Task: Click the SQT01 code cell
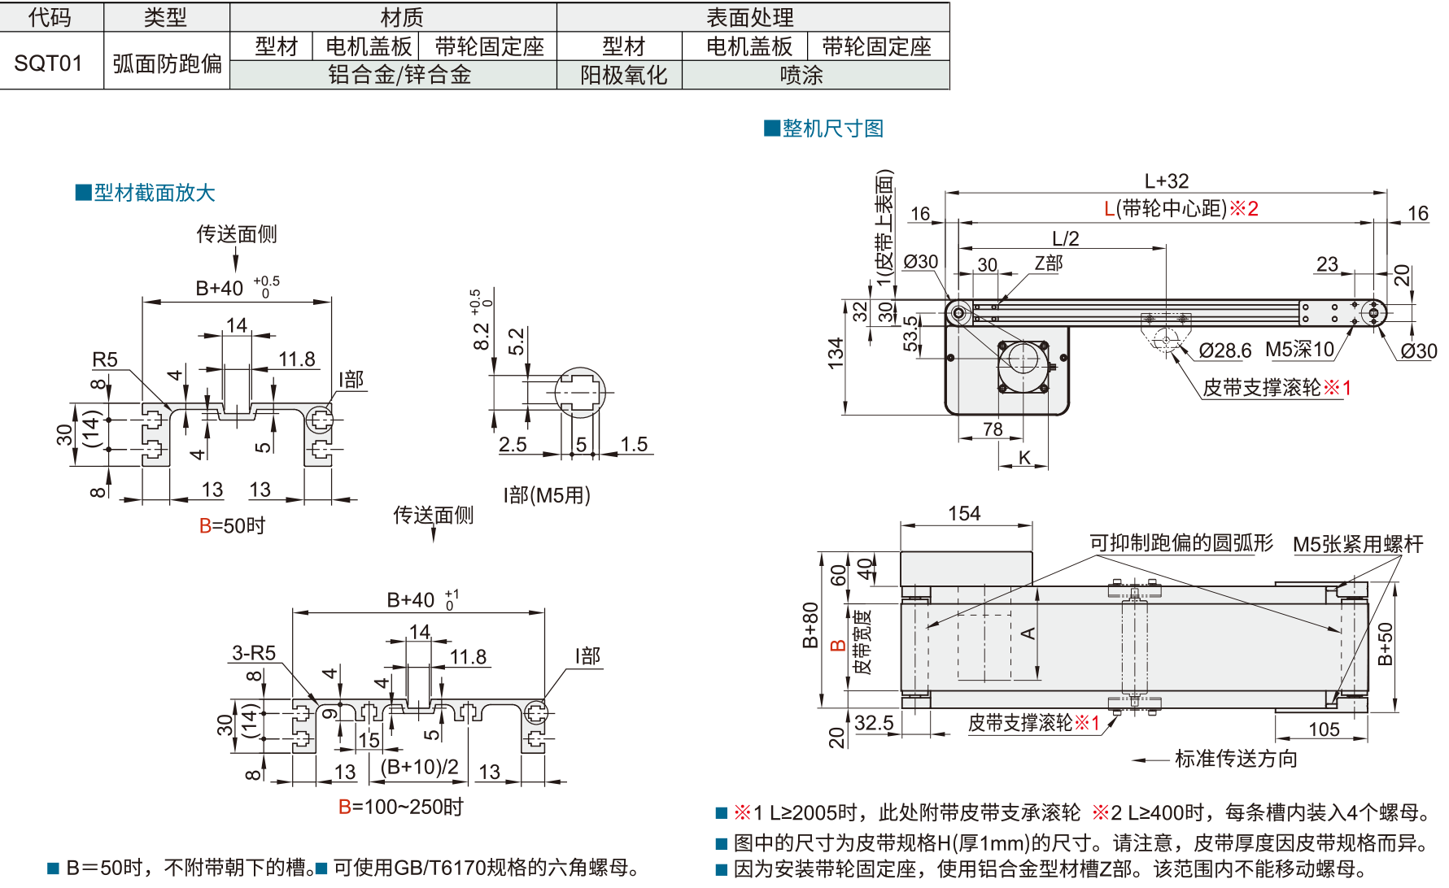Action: [x=49, y=63]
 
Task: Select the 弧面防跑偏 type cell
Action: [x=167, y=63]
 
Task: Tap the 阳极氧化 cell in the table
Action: [x=623, y=76]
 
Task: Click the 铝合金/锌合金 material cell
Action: [x=399, y=76]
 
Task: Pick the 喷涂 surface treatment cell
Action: [x=801, y=76]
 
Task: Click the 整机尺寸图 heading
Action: [x=832, y=128]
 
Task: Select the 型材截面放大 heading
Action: [x=154, y=193]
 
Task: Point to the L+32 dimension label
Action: [x=1166, y=181]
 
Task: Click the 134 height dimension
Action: [x=836, y=355]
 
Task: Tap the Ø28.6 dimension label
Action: [x=1224, y=350]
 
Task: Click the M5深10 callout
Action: [x=1299, y=350]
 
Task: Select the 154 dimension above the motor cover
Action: [x=964, y=514]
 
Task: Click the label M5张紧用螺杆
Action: [x=1358, y=544]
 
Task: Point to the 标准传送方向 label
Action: [x=1236, y=759]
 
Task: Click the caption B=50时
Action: [x=233, y=526]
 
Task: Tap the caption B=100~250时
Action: [x=401, y=807]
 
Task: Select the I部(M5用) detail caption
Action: [x=547, y=494]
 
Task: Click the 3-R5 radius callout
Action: [x=254, y=653]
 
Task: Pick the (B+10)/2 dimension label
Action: [x=419, y=768]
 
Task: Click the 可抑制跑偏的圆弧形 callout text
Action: [x=1181, y=542]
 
